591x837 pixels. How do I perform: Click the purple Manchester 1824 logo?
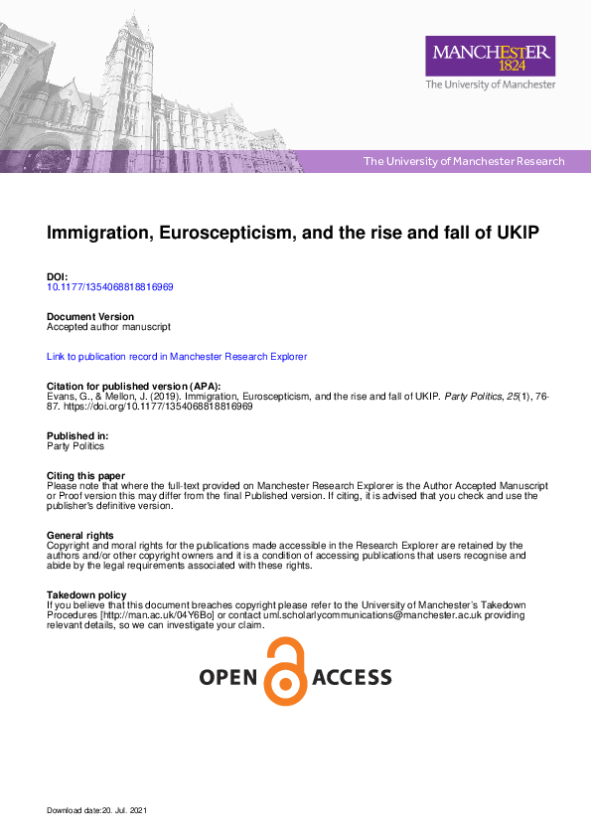[490, 57]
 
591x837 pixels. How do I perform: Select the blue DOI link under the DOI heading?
[110, 287]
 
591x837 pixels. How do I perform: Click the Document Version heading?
[90, 317]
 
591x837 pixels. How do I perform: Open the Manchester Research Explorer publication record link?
[177, 356]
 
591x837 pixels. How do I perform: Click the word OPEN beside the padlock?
[228, 678]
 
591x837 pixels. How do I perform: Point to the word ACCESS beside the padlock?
[352, 678]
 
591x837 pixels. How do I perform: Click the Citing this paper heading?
[86, 476]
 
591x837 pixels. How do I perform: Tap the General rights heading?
[80, 536]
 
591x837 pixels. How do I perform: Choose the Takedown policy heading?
[87, 595]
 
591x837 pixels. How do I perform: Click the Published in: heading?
[77, 436]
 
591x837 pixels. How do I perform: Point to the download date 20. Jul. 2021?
[124, 811]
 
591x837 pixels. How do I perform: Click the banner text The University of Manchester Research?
[464, 161]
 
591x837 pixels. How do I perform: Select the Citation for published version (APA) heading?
[134, 386]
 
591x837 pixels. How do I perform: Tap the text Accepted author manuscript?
[109, 326]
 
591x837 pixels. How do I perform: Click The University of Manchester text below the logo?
[490, 85]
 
